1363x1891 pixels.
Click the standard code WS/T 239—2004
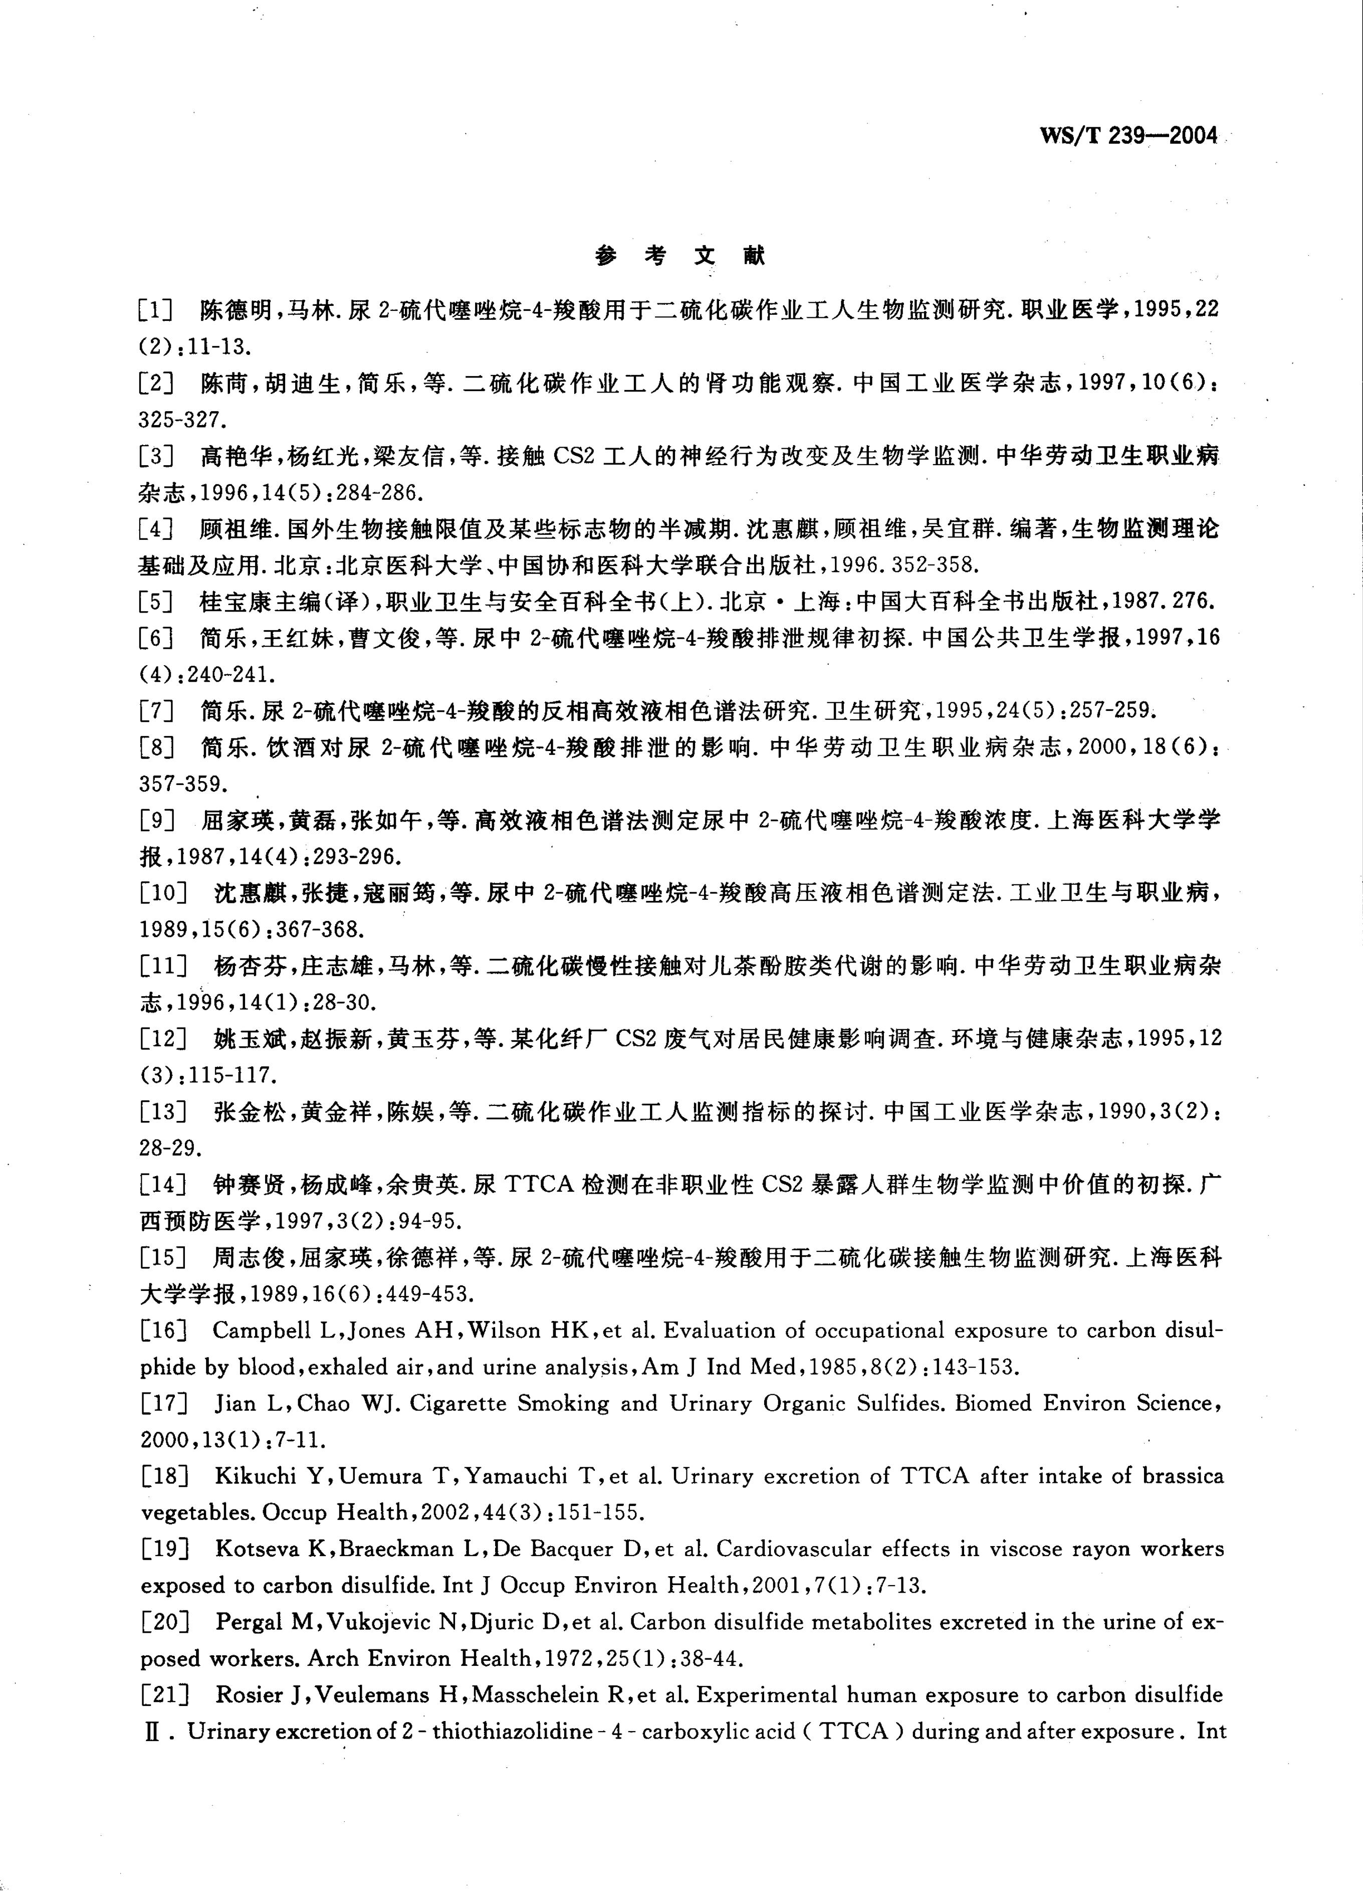(1129, 136)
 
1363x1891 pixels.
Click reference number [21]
(164, 1695)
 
